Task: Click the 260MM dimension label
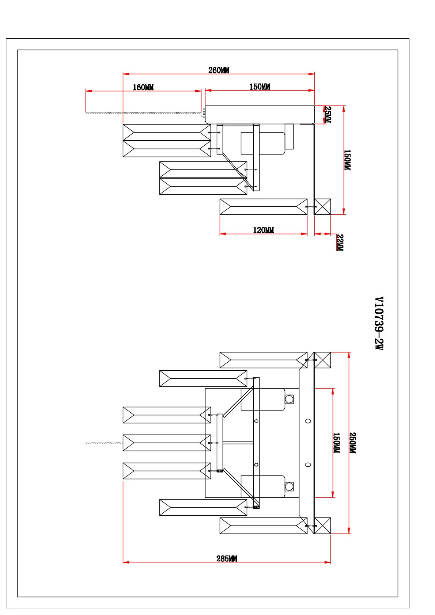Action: point(219,70)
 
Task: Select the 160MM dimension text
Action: point(143,87)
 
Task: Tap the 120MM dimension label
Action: point(263,230)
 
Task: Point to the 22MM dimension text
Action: point(340,242)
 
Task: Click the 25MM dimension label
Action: point(328,114)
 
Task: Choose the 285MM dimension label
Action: point(227,558)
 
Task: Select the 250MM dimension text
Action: point(352,443)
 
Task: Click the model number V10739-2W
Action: point(379,323)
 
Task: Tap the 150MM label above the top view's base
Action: point(260,87)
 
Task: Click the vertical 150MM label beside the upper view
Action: point(347,160)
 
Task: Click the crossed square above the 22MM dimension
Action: point(322,207)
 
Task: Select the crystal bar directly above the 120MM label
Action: point(263,207)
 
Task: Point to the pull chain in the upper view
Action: point(143,113)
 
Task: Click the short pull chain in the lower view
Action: point(104,443)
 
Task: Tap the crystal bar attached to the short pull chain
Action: point(167,443)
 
